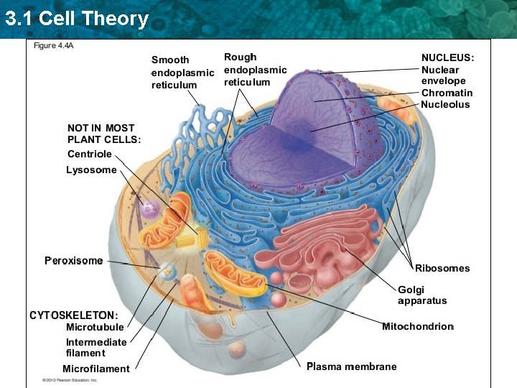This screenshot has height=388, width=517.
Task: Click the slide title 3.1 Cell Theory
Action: click(76, 18)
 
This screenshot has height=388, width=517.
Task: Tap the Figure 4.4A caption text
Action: click(55, 45)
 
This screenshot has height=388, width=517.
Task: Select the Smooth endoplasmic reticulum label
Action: click(182, 73)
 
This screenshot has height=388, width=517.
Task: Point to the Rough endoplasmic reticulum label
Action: click(255, 70)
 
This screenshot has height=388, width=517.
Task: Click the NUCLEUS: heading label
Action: click(447, 57)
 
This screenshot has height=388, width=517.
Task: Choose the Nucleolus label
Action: click(445, 104)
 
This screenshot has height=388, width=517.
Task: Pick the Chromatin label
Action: click(447, 93)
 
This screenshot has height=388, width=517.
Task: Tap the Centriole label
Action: click(89, 154)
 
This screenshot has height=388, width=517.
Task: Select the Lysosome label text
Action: click(90, 170)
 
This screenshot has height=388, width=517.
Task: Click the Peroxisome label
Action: click(73, 261)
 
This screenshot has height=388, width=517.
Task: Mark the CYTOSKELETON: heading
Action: click(73, 315)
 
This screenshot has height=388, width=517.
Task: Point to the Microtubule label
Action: click(95, 328)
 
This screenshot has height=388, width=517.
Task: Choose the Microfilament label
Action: click(96, 369)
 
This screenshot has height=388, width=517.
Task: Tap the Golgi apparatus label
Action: click(422, 295)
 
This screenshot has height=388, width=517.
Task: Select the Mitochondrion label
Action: click(418, 326)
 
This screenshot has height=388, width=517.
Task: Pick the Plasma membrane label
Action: click(351, 366)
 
